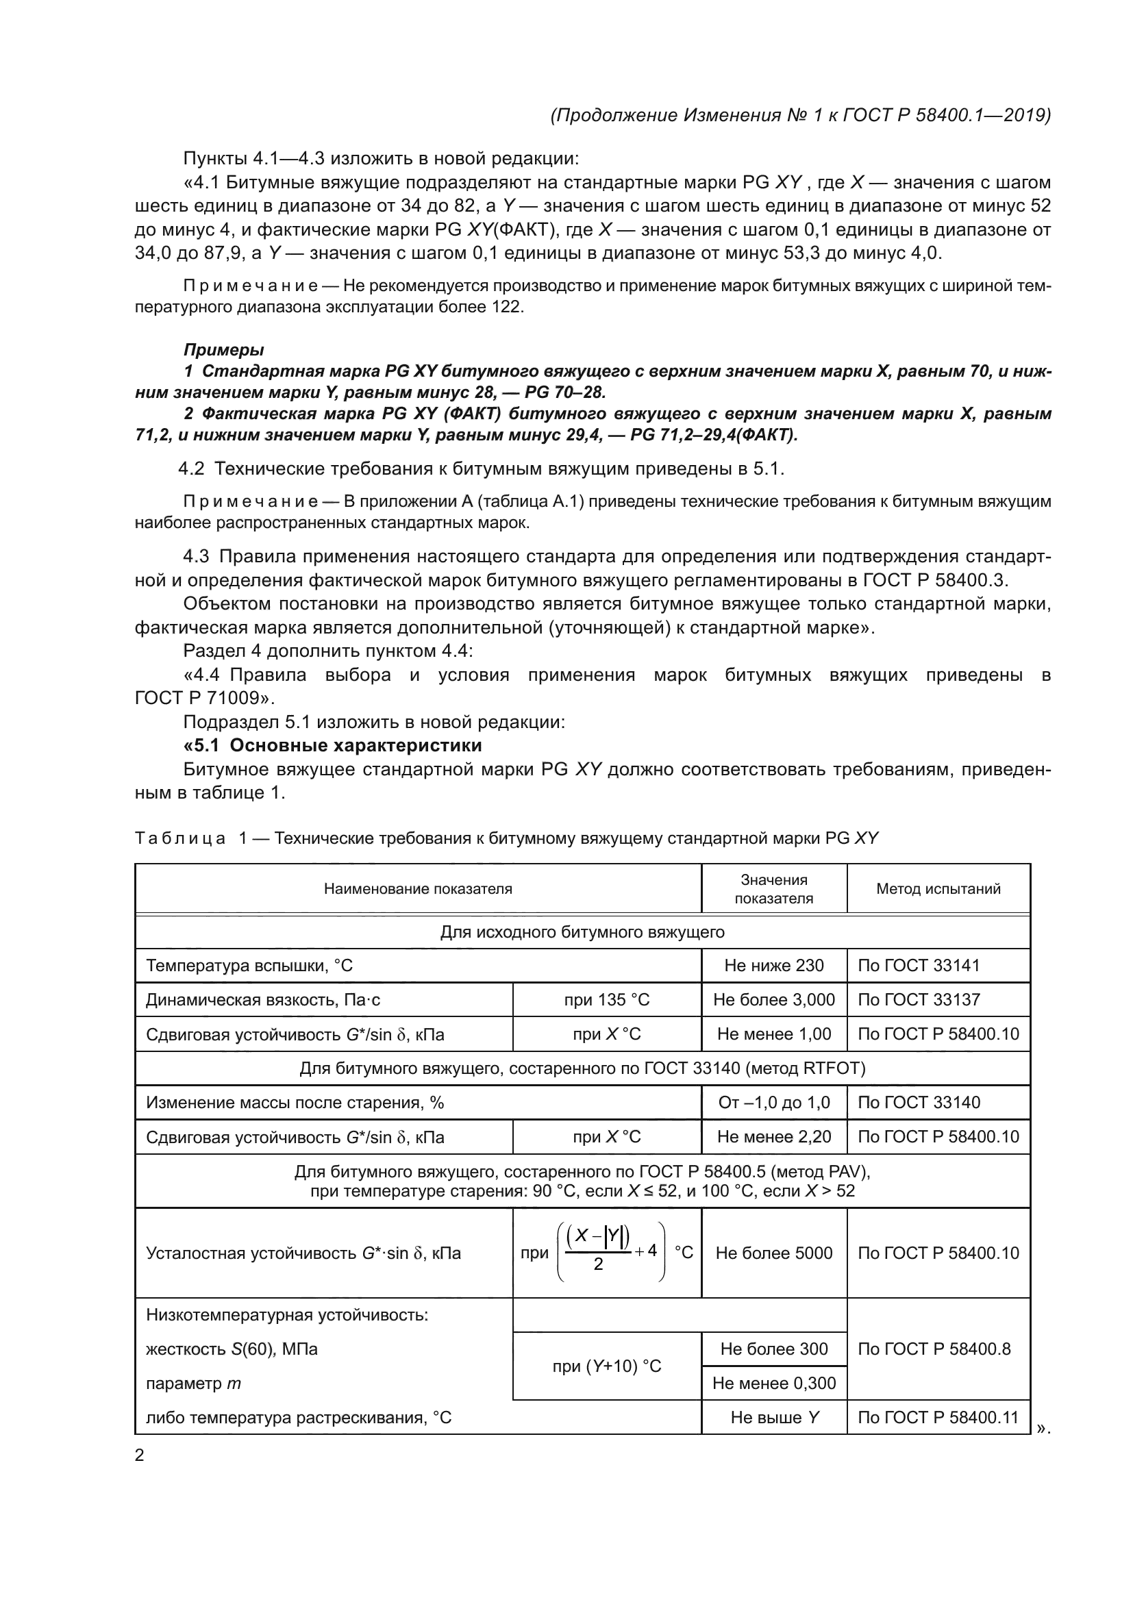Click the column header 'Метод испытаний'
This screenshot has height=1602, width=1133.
point(938,888)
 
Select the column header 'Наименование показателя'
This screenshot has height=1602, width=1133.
point(417,888)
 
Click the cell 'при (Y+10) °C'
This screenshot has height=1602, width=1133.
point(606,1366)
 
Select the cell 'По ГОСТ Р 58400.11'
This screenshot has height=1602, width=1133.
point(938,1417)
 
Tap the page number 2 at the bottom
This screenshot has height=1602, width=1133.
point(139,1455)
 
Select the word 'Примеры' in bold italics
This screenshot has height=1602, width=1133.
point(223,349)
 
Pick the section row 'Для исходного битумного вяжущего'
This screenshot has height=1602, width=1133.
point(582,931)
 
